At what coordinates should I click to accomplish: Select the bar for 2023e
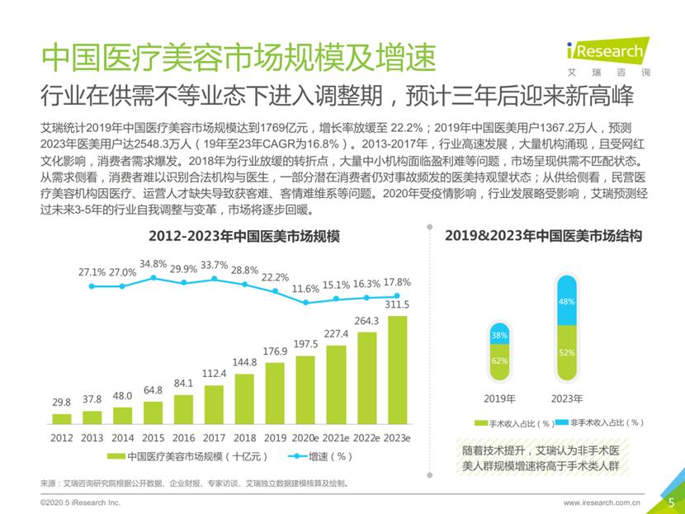point(397,371)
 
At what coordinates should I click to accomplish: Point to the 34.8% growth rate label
point(153,264)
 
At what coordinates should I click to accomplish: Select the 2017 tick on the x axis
point(215,439)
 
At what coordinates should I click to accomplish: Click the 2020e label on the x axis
point(305,439)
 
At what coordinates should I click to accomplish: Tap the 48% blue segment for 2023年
point(567,302)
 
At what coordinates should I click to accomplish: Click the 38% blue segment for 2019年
point(498,336)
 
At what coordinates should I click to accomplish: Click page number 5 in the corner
point(671,501)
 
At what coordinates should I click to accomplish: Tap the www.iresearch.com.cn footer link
point(602,502)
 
